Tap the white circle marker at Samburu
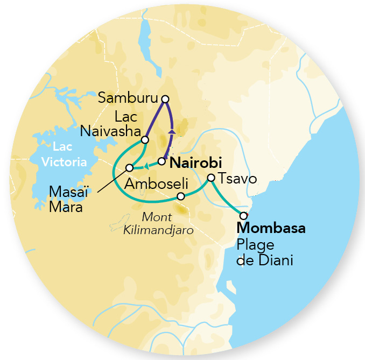click(x=165, y=98)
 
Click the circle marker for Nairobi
click(x=161, y=161)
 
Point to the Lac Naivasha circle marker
click(x=144, y=140)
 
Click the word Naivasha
click(x=110, y=131)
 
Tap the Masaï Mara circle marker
click(x=129, y=167)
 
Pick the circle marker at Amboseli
click(x=181, y=196)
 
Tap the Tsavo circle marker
click(x=212, y=178)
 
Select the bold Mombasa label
click(x=271, y=228)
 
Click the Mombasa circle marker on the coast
click(x=243, y=216)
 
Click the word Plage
click(x=254, y=245)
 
